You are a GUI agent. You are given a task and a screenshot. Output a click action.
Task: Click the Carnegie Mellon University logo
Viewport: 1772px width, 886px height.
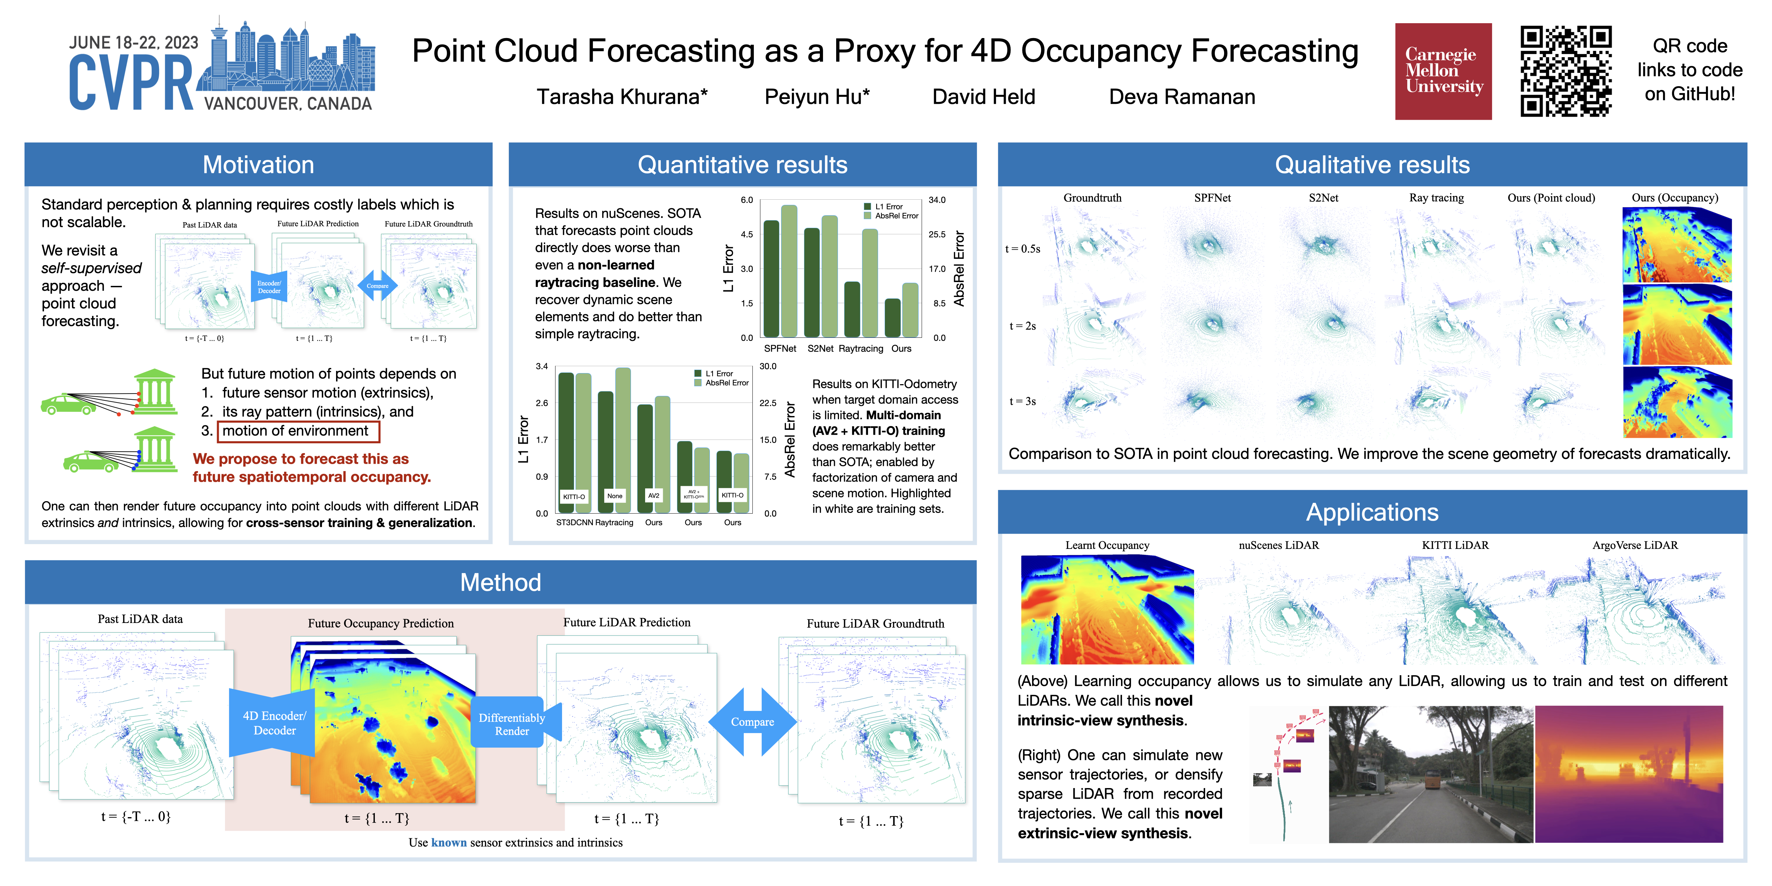pos(1443,71)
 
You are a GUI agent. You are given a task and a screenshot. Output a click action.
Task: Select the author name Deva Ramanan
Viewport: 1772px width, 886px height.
pos(1182,97)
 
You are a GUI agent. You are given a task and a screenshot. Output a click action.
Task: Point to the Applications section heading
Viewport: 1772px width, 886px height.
pos(1372,513)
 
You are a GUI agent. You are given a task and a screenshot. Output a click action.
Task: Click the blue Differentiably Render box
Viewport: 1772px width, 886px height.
pos(512,724)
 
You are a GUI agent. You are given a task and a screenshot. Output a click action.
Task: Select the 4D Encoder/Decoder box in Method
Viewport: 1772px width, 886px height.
pos(274,723)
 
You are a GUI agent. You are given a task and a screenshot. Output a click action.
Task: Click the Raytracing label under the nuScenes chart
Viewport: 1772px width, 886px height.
pos(860,349)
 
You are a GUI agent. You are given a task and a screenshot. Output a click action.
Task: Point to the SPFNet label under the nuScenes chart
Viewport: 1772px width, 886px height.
pos(780,349)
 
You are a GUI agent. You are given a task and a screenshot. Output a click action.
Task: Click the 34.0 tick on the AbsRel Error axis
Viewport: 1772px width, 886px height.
pos(937,200)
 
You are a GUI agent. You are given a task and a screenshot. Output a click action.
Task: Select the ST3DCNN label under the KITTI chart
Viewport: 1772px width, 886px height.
pos(575,523)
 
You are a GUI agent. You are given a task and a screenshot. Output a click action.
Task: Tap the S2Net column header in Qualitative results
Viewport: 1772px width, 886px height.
pos(1323,198)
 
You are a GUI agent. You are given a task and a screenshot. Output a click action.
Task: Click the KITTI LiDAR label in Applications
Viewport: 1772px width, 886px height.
pos(1455,545)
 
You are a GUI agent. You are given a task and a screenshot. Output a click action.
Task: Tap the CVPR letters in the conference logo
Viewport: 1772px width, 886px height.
pos(131,84)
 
